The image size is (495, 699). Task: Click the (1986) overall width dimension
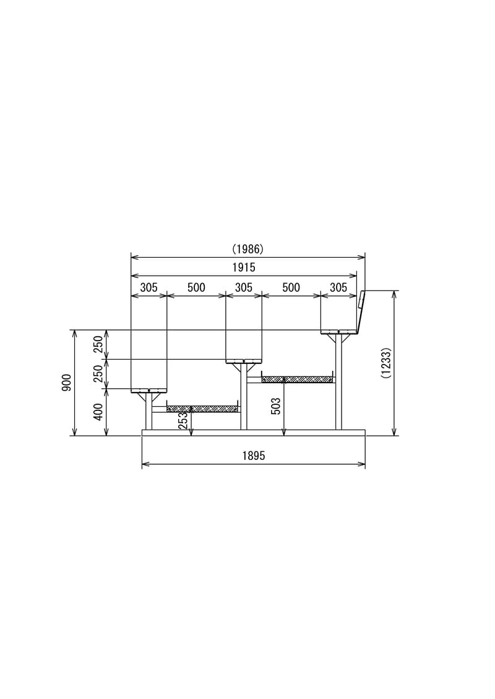247,248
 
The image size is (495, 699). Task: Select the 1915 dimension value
244,268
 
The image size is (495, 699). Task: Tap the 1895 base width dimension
254,455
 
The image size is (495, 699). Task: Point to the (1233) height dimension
386,363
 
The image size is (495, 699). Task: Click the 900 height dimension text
66,383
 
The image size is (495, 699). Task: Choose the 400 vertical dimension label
98,411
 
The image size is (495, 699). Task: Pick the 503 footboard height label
276,406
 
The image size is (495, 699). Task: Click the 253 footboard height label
183,420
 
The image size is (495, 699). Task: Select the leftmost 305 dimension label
148,287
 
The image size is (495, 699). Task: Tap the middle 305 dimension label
244,287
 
